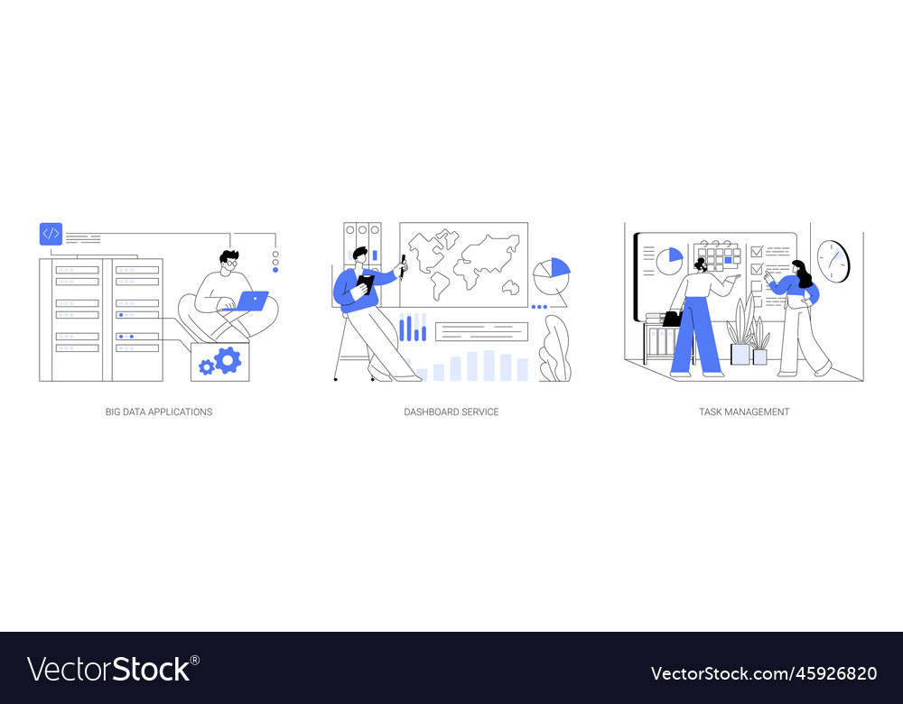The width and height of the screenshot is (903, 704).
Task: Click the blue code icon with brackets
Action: click(51, 234)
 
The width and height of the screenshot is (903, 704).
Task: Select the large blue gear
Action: click(228, 360)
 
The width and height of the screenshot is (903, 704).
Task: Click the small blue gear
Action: click(207, 366)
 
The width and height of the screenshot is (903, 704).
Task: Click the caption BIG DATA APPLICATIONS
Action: click(159, 412)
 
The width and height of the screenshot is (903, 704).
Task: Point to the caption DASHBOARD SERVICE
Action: click(451, 412)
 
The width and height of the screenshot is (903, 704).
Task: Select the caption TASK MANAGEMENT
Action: click(744, 412)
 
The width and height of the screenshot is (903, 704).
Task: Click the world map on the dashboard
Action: click(464, 264)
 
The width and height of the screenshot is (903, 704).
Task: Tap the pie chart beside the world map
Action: click(551, 272)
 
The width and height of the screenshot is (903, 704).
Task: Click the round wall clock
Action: click(833, 260)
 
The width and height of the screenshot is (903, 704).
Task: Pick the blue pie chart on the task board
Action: click(669, 261)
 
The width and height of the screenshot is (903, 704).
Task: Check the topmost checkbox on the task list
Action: click(757, 252)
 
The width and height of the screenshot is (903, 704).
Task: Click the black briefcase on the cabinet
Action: click(672, 319)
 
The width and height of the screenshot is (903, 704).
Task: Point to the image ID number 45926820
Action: click(831, 673)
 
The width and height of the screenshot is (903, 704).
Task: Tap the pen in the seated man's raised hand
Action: click(404, 264)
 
